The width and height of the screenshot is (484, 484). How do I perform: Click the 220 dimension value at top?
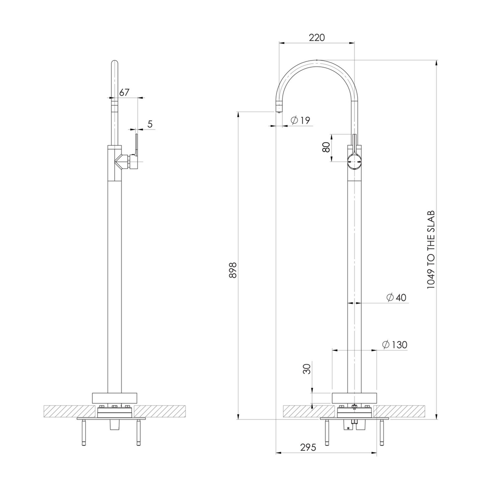point(316,38)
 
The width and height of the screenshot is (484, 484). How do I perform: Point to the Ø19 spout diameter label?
point(300,120)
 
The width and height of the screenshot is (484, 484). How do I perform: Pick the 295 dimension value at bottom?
point(308,447)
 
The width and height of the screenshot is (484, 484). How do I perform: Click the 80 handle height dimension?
point(326,147)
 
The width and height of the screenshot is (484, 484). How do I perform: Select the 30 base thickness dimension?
point(307,368)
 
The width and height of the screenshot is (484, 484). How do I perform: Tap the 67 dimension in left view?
point(124,92)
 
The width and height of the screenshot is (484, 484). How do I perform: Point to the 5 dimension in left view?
point(150,124)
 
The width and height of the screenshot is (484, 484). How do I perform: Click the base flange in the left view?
point(114,398)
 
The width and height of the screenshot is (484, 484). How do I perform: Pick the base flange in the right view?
point(354,398)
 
